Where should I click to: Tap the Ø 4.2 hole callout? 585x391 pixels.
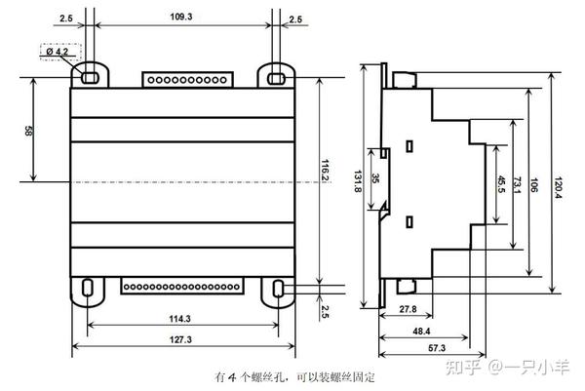coord(58,51)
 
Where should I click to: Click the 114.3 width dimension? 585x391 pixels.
coord(178,318)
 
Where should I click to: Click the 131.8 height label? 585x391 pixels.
coord(357,183)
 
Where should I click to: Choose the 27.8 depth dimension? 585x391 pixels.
coord(408,309)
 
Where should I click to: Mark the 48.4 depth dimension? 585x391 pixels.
coord(421,331)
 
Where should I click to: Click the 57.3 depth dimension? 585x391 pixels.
coord(436,346)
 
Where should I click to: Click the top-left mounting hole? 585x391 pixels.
coord(89,74)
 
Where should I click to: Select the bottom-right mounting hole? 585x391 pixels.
coord(280,288)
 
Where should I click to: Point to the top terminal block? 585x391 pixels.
coord(186,78)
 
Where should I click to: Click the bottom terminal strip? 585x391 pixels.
coord(181,286)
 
